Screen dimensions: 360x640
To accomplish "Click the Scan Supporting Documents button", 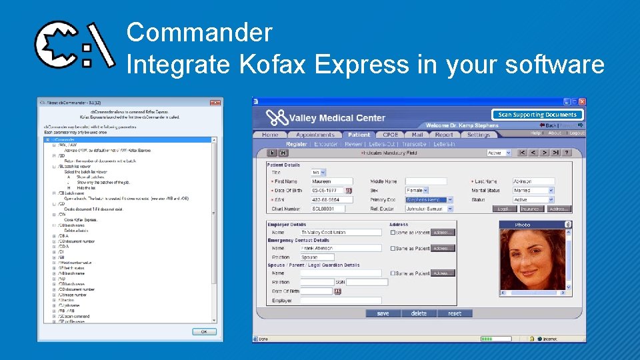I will (x=537, y=115).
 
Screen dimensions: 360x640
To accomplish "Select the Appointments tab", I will (x=315, y=135).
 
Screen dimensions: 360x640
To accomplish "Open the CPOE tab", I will (x=390, y=135).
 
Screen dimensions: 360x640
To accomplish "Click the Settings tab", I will (x=478, y=135).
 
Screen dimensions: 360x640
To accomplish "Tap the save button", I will (x=383, y=313).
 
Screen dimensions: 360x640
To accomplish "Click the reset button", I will (x=454, y=313).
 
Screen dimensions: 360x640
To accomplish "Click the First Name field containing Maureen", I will (x=331, y=181).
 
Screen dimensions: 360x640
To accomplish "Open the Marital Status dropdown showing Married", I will (x=533, y=191).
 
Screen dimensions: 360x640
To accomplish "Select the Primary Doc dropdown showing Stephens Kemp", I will (x=429, y=199).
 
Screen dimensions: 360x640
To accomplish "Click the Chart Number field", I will (x=331, y=209).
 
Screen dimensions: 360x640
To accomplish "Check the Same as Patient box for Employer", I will (x=393, y=233).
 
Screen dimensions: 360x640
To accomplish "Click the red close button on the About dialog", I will (x=215, y=103).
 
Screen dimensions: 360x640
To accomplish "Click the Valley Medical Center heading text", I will (x=337, y=118).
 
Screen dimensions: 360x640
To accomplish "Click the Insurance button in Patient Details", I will (x=531, y=209).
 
